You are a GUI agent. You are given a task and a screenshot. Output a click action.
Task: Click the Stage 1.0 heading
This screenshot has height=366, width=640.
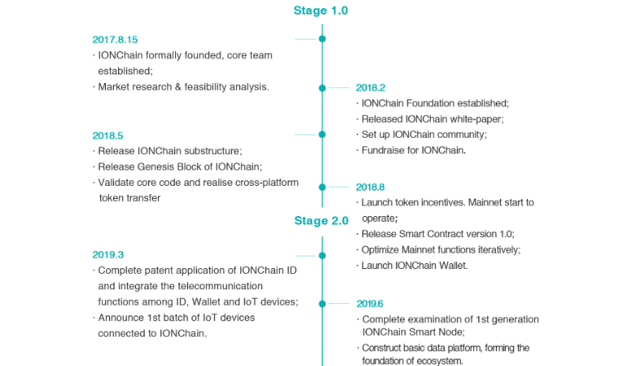[321, 11]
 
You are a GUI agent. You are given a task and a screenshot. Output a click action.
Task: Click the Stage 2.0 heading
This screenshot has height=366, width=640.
[321, 220]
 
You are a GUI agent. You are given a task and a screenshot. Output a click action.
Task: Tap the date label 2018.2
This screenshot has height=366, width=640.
[370, 87]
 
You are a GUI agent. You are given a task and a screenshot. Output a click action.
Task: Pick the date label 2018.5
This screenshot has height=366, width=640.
[107, 135]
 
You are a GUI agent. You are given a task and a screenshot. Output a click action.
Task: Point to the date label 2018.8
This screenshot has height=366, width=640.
[370, 187]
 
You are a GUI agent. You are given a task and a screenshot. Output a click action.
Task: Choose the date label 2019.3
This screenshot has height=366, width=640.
[107, 254]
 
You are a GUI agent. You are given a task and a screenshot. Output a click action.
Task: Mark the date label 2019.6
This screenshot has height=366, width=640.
[370, 302]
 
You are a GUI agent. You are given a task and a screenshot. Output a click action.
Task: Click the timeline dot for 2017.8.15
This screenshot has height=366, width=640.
[322, 39]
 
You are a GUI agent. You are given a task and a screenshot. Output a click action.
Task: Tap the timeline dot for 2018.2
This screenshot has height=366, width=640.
[322, 87]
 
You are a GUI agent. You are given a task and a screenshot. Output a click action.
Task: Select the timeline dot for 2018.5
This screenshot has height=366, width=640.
[322, 135]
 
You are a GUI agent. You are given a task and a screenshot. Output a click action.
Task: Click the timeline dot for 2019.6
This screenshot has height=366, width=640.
[322, 302]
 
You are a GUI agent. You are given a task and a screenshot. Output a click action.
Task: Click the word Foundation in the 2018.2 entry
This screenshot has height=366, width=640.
[434, 104]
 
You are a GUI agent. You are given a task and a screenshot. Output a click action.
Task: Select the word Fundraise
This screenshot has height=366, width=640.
[384, 151]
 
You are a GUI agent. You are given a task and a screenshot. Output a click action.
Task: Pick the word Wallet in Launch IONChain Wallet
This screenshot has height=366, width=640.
[461, 266]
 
